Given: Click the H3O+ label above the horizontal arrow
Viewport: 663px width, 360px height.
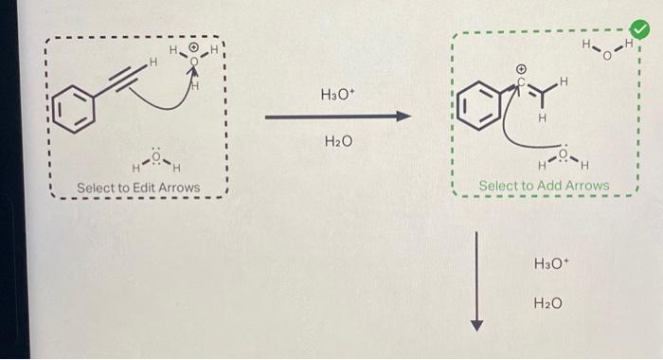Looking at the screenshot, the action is tap(337, 95).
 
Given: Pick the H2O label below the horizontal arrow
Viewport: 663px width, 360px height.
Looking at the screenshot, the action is tap(337, 142).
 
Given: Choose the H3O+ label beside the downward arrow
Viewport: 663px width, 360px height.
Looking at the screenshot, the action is tap(550, 261).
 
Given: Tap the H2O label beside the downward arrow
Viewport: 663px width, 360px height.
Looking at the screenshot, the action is tap(548, 303).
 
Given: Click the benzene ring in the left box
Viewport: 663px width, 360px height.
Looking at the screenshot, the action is tap(74, 106).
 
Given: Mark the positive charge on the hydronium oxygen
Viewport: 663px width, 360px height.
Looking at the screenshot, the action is tap(194, 47).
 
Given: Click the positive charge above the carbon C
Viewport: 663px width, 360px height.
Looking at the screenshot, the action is tap(521, 69).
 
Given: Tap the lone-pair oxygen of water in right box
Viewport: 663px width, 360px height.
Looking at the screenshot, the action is tap(563, 153).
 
